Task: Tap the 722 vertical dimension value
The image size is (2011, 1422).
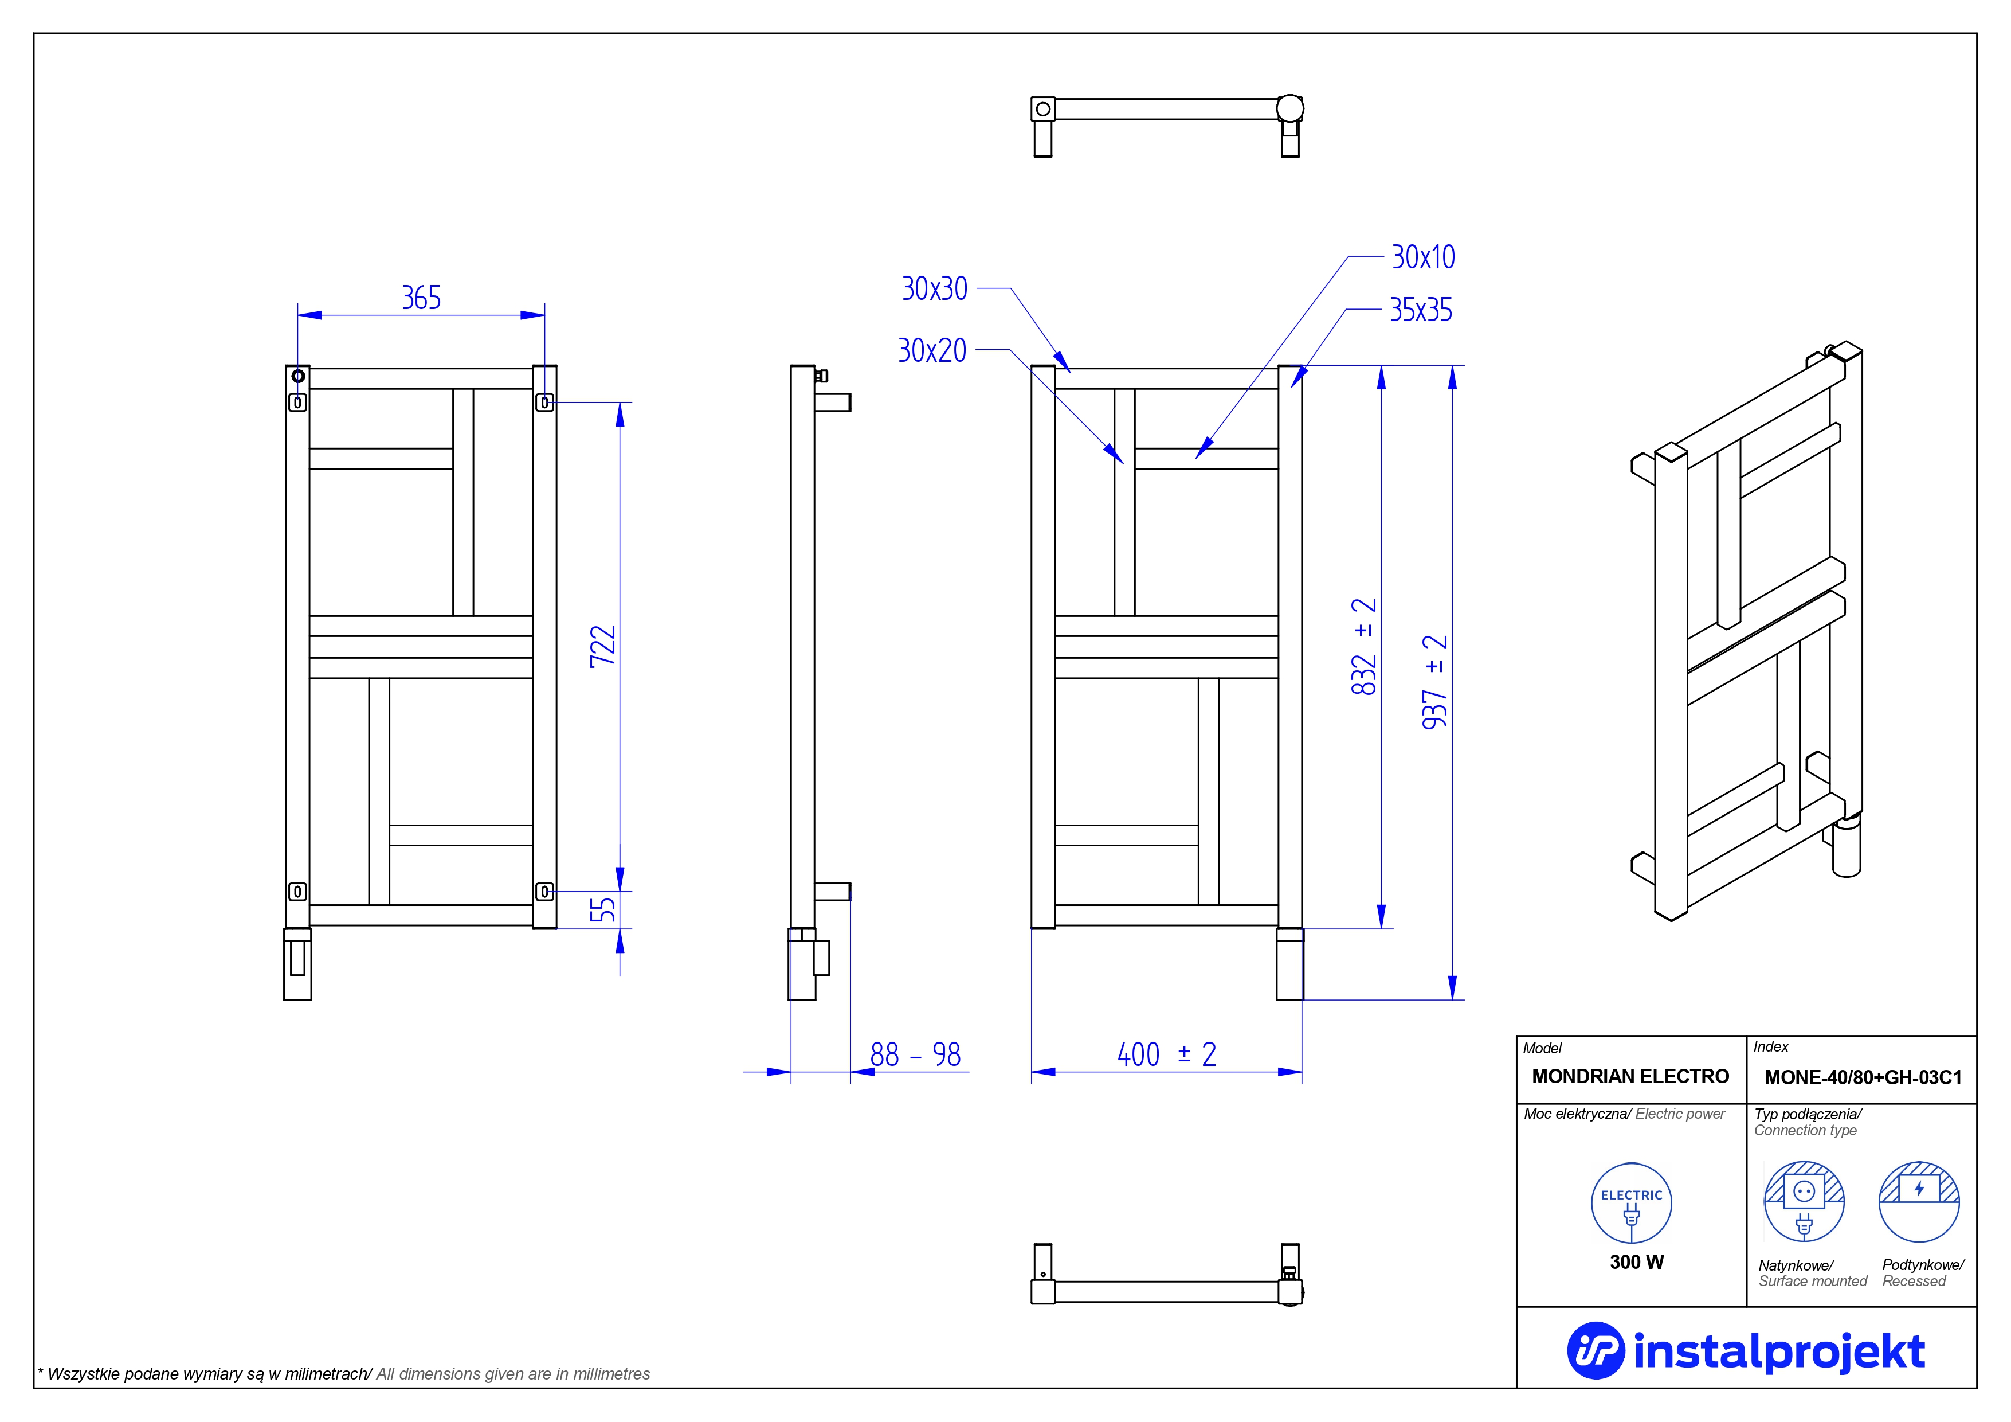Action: tap(602, 647)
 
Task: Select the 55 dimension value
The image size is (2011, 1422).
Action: tap(602, 909)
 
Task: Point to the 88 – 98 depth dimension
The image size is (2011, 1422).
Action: tap(915, 1054)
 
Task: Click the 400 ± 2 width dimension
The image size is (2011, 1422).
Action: tap(1167, 1054)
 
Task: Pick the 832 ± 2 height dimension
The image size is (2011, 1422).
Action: tap(1364, 647)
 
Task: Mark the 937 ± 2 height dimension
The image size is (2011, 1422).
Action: tap(1434, 682)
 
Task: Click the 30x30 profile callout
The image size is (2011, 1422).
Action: tap(935, 289)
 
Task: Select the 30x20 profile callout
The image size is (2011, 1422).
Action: tap(932, 350)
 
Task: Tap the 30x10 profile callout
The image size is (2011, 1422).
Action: tap(1424, 257)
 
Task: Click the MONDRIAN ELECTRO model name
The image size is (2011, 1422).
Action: tap(1630, 1077)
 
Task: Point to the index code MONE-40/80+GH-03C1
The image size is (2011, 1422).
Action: tap(1863, 1077)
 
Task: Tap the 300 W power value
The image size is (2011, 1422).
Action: tap(1636, 1261)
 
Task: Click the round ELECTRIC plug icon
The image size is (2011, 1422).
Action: tap(1631, 1203)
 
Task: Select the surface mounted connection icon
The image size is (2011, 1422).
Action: tap(1804, 1202)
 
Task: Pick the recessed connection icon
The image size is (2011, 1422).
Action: tap(1919, 1202)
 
